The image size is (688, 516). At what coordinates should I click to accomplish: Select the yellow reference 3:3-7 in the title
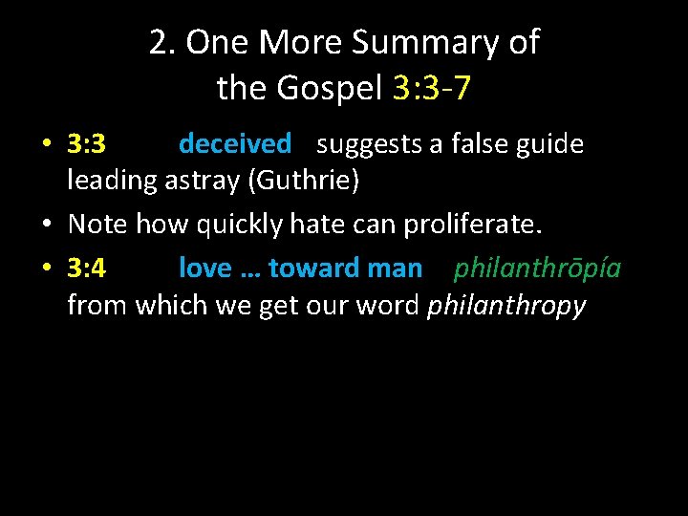(432, 89)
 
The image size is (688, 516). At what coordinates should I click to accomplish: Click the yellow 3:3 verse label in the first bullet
(87, 144)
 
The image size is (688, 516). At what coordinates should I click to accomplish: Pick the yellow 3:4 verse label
(87, 269)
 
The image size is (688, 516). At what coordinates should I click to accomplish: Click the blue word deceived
(235, 144)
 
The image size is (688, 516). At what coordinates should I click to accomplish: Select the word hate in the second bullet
(312, 225)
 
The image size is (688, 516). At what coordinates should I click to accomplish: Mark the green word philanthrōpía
(537, 269)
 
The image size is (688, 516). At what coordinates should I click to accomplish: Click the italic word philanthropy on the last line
(506, 306)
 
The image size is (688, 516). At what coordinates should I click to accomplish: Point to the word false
(474, 144)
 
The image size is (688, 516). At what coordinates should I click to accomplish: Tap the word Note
(99, 225)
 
